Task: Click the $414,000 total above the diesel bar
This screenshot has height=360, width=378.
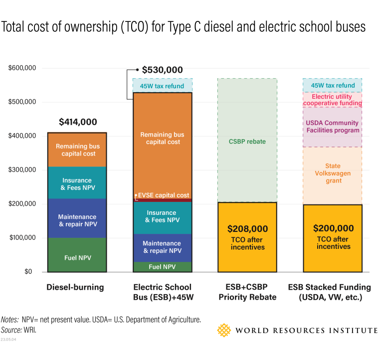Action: pos(77,122)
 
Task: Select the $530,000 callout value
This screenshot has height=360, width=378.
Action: pos(162,70)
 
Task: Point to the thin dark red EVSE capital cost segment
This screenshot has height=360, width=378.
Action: pos(162,200)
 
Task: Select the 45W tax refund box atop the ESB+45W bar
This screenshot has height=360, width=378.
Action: pos(162,86)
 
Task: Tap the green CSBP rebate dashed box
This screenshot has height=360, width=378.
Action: pos(247,141)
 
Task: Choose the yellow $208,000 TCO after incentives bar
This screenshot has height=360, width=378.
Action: pos(247,237)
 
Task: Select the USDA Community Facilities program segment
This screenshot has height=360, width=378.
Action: pos(333,127)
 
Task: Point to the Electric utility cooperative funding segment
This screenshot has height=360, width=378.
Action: pos(333,100)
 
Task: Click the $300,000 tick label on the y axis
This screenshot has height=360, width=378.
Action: pos(22,170)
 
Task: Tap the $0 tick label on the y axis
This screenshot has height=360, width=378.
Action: pos(29,272)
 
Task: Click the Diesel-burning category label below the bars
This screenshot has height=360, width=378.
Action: pos(75,287)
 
